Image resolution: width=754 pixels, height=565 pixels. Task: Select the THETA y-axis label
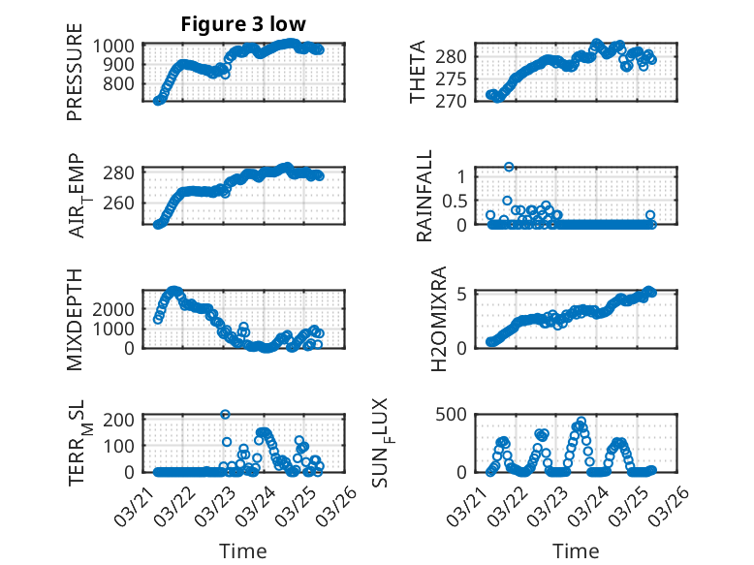tap(418, 73)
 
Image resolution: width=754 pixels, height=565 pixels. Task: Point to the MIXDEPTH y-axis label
tap(75, 318)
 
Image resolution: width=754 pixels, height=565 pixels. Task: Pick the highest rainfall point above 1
tap(509, 168)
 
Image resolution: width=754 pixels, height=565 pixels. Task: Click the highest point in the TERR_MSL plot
tap(225, 415)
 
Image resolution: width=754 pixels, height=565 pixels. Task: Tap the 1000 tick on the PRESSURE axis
tap(116, 46)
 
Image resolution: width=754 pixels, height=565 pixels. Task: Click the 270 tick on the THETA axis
tap(456, 100)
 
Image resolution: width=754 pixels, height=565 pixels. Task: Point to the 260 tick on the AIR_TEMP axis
tap(122, 204)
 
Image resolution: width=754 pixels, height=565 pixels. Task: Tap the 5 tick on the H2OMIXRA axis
tap(463, 294)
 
